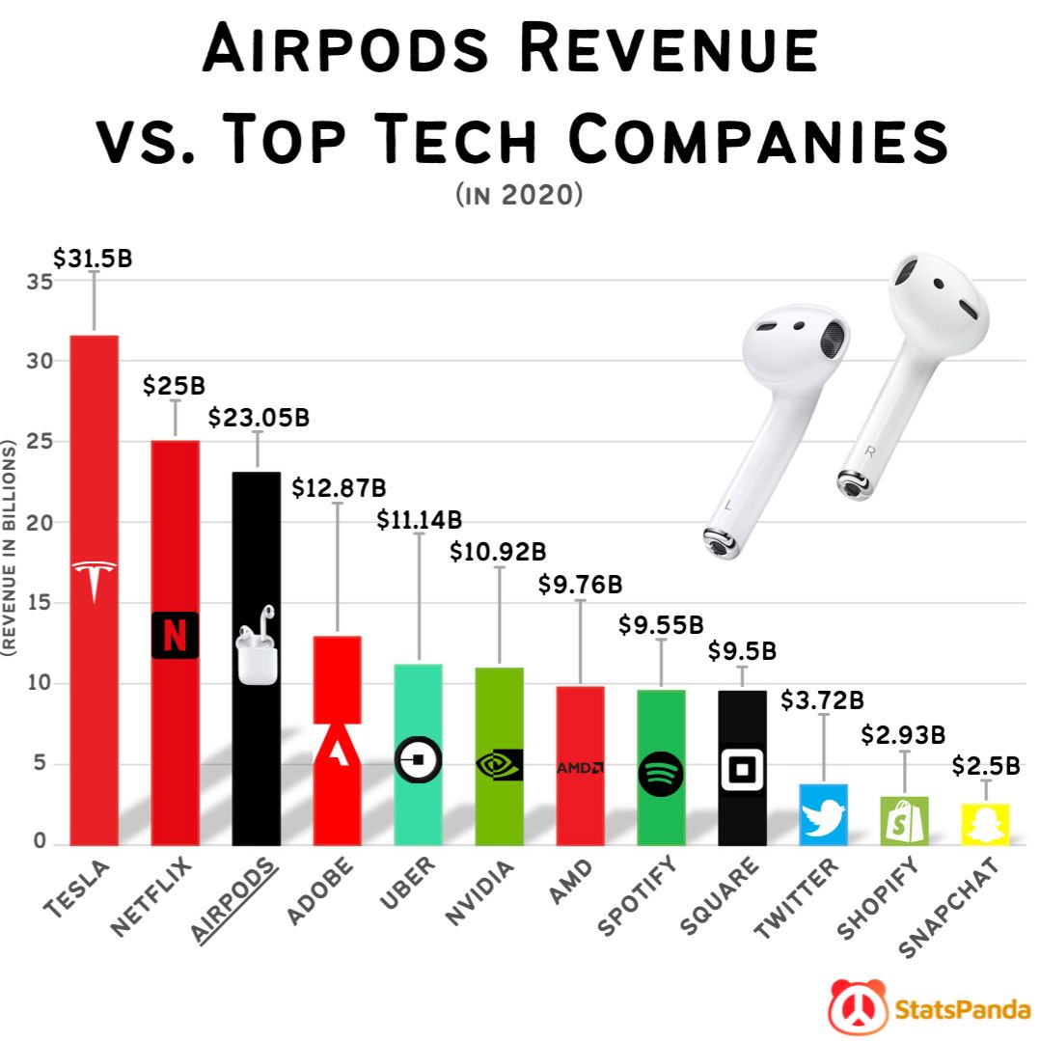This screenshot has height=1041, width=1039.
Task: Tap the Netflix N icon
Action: tap(175, 636)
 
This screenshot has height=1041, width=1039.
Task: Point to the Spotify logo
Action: tap(661, 773)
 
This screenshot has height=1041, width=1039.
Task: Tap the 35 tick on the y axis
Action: tap(35, 281)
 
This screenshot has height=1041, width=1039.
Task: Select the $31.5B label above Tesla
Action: tap(93, 259)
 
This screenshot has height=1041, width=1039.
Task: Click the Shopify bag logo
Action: tap(904, 820)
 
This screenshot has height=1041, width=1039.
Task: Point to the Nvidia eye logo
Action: tap(499, 765)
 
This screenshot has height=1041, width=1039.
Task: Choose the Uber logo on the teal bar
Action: tap(418, 761)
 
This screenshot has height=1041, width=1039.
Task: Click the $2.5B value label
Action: tap(986, 766)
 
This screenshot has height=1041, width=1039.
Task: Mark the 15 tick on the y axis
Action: tap(35, 603)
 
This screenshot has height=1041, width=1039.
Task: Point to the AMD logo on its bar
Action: tap(580, 768)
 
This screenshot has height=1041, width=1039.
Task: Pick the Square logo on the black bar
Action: tap(742, 770)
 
